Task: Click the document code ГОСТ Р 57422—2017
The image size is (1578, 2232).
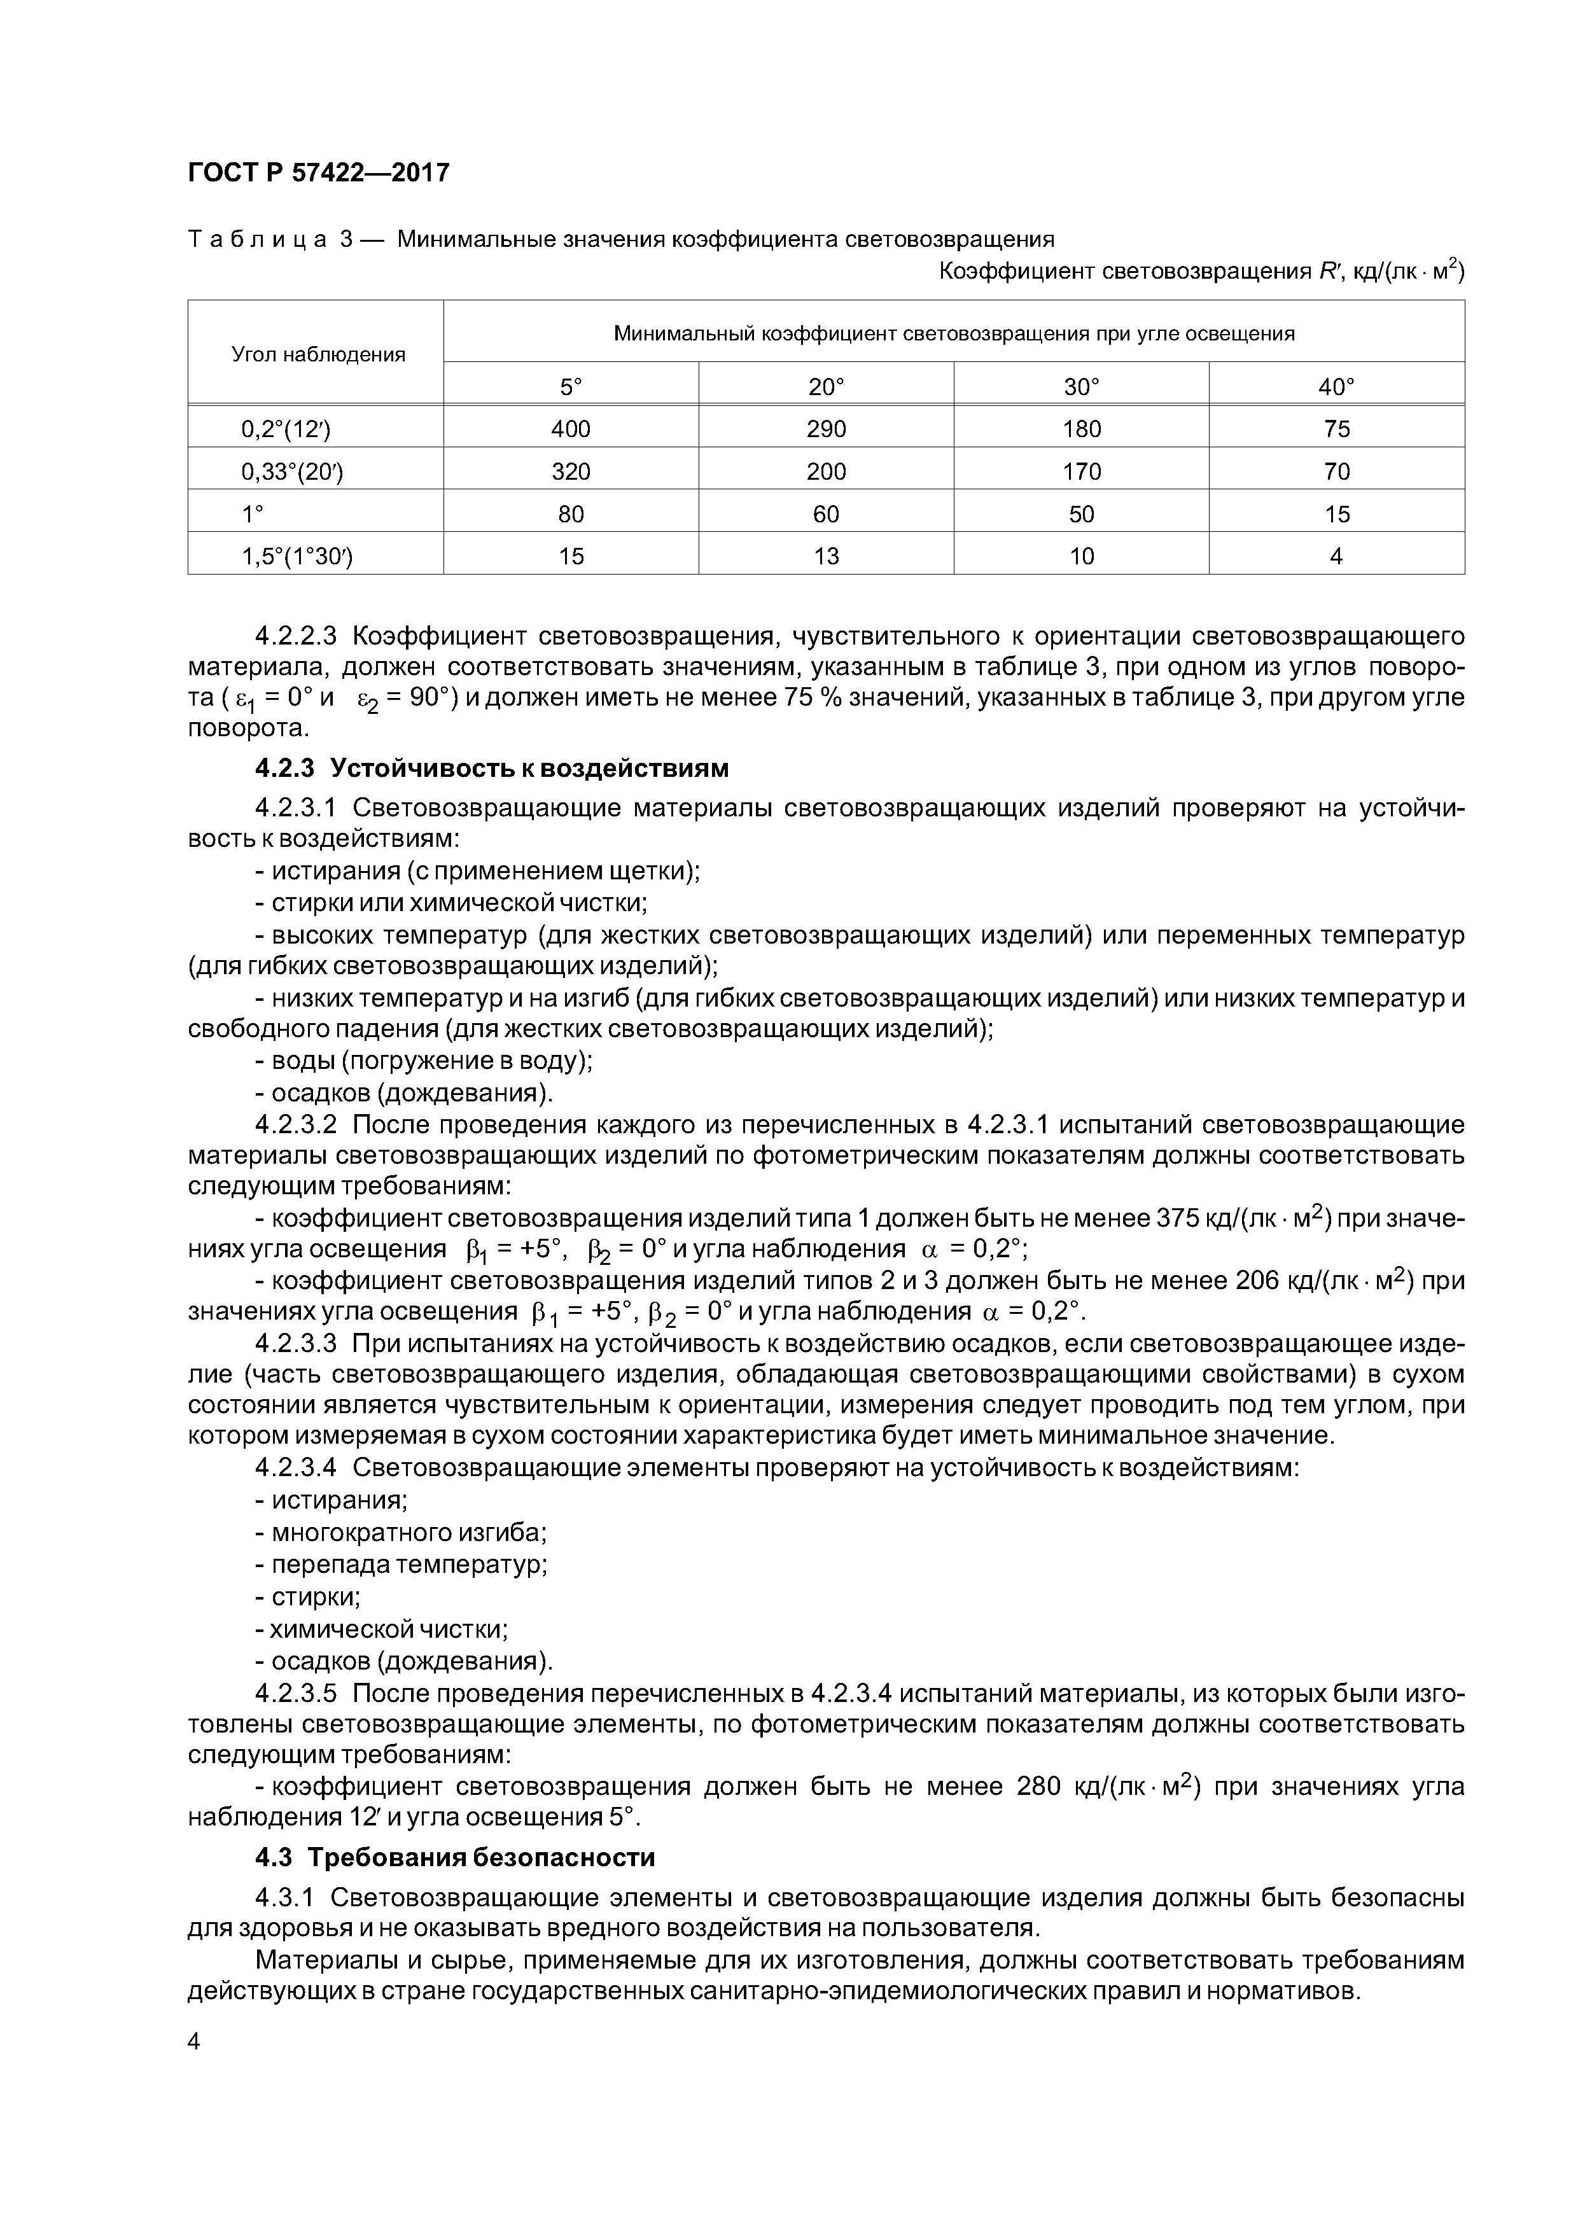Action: coord(318,172)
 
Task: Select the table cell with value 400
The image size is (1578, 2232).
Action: coord(571,429)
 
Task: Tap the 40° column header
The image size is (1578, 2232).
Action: coord(1336,387)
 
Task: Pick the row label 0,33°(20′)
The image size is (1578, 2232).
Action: coord(291,471)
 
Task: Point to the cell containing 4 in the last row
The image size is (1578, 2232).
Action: coord(1336,556)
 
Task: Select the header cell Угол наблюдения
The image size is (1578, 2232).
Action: coord(317,354)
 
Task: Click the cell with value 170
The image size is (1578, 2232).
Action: coord(1081,471)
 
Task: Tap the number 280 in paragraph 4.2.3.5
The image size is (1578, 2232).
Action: coord(1037,1787)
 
